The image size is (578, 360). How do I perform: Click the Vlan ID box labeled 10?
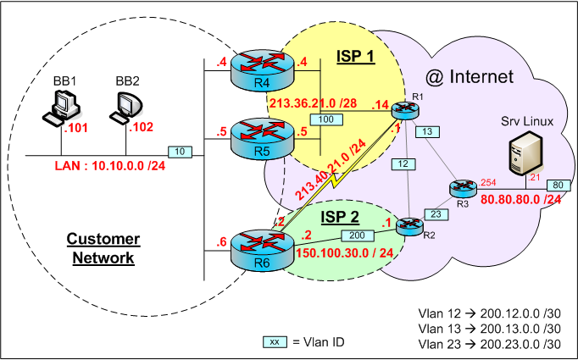tap(180, 152)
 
